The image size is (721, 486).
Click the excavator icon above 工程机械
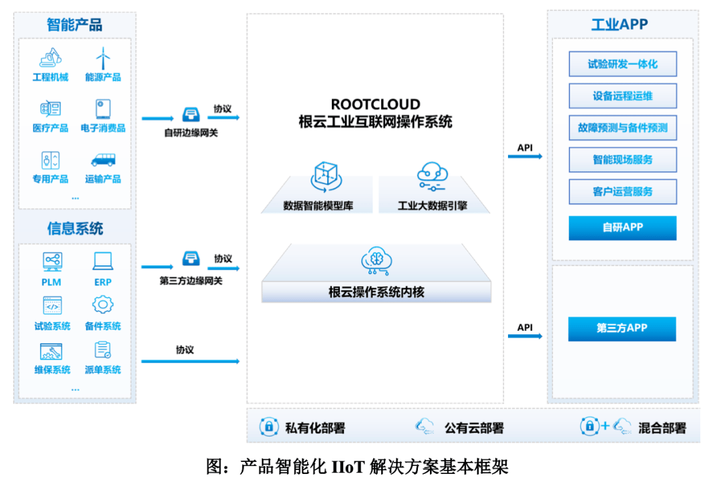[x=51, y=58]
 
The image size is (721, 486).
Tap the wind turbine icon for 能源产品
[x=103, y=59]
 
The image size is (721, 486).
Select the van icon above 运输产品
[x=103, y=160]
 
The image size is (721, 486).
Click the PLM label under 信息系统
[x=51, y=282]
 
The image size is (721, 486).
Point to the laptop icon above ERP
[x=103, y=261]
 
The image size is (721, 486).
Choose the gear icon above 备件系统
[x=103, y=304]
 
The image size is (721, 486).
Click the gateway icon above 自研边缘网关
[x=191, y=114]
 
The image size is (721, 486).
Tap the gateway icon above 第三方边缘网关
[x=191, y=259]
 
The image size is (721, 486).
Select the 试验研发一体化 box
[x=623, y=64]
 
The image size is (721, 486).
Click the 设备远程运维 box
[x=623, y=96]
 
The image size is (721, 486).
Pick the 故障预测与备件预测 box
[x=623, y=128]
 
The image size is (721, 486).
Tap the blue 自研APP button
[x=623, y=227]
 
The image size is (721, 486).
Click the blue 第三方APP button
[x=622, y=328]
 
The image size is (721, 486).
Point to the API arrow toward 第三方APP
[x=525, y=336]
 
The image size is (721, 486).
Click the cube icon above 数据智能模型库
[x=326, y=176]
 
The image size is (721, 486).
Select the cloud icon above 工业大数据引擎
[x=432, y=176]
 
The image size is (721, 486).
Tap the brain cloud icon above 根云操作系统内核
[x=377, y=261]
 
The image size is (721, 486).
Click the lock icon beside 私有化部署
[x=269, y=427]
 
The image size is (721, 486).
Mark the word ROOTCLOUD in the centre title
[x=375, y=104]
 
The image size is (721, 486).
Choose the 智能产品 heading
[x=75, y=25]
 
